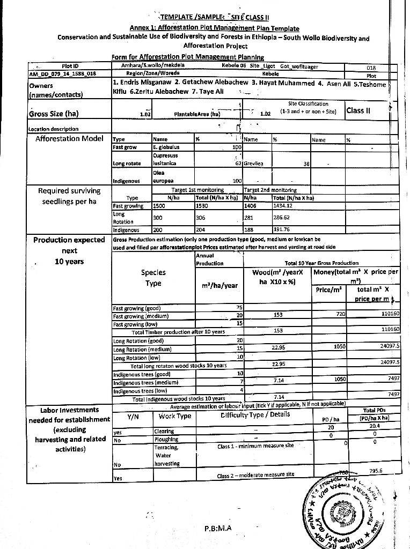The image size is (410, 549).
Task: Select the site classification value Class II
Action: pyautogui.click(x=358, y=110)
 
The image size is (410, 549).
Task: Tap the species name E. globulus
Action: pyautogui.click(x=166, y=147)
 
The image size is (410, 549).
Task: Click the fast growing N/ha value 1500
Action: pyautogui.click(x=159, y=205)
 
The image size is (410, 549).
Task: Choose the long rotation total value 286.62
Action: pyautogui.click(x=282, y=218)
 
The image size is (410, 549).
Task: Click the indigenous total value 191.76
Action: pyautogui.click(x=282, y=230)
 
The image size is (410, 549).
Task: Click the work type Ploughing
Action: pyautogui.click(x=165, y=439)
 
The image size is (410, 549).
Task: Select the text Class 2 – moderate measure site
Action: pyautogui.click(x=255, y=474)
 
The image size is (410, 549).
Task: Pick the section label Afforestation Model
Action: pyautogui.click(x=69, y=139)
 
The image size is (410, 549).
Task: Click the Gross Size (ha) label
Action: pyautogui.click(x=54, y=114)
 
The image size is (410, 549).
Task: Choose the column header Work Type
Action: pyautogui.click(x=175, y=416)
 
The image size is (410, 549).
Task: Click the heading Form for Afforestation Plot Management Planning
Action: pyautogui.click(x=187, y=57)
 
